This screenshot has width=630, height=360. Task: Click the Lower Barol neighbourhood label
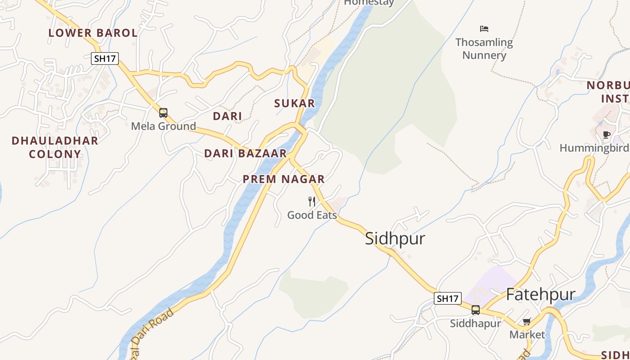[x=93, y=33]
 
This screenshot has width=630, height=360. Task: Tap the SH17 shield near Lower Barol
[x=104, y=58]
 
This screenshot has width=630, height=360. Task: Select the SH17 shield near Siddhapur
[x=448, y=298]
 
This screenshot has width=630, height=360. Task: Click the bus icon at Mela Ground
[x=163, y=113]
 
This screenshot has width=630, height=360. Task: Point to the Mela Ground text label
[x=163, y=126]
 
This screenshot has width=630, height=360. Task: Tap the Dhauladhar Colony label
[x=55, y=147]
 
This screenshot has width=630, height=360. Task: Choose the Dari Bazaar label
[x=245, y=153]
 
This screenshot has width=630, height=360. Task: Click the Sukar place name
[x=295, y=103]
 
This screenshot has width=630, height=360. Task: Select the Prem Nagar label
[x=283, y=179]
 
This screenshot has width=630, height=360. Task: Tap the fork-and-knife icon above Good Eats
[x=312, y=201]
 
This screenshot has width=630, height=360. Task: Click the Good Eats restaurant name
[x=312, y=215]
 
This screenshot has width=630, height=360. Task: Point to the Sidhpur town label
[x=395, y=238]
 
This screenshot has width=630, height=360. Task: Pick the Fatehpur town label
[x=540, y=294]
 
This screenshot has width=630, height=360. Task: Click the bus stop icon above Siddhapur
[x=476, y=310]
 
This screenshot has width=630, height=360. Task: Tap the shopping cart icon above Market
[x=527, y=322]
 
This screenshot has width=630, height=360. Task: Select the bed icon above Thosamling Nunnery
[x=484, y=29]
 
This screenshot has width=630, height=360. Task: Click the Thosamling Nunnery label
[x=484, y=49]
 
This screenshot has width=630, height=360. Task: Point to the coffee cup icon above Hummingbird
[x=607, y=135]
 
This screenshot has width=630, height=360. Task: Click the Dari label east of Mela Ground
[x=227, y=116]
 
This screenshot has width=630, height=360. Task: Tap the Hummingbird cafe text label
[x=594, y=148]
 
